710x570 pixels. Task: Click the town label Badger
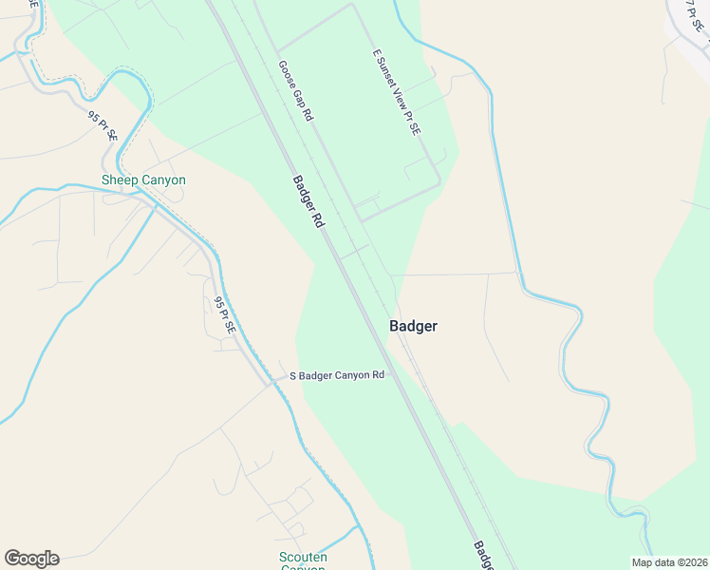pyautogui.click(x=413, y=326)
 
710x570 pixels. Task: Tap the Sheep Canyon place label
pyautogui.click(x=143, y=180)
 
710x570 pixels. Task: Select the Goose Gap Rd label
pyautogui.click(x=295, y=90)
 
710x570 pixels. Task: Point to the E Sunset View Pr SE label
pyautogui.click(x=396, y=92)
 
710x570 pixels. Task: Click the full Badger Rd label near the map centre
pyautogui.click(x=308, y=201)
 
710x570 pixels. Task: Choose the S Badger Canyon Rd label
pyautogui.click(x=337, y=375)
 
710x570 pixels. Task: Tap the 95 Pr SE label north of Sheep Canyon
pyautogui.click(x=103, y=126)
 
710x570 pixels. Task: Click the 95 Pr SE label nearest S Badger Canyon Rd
pyautogui.click(x=224, y=315)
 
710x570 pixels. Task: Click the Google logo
pyautogui.click(x=31, y=559)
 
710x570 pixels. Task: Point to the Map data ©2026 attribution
pyautogui.click(x=669, y=562)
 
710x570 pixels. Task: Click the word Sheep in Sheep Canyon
pyautogui.click(x=121, y=180)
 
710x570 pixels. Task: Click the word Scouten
pyautogui.click(x=303, y=557)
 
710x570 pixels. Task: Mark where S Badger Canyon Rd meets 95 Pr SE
pyautogui.click(x=271, y=384)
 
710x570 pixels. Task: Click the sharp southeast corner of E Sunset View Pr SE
pyautogui.click(x=440, y=182)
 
